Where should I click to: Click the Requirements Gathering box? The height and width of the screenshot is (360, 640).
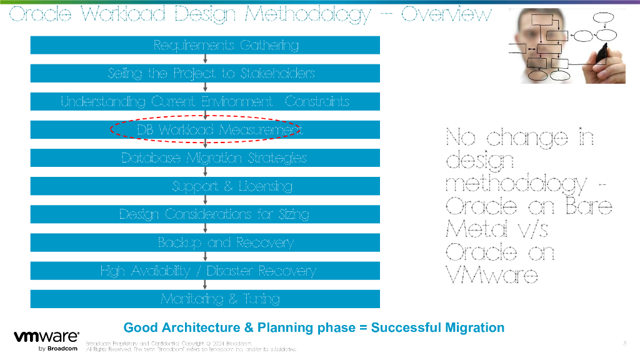[x=205, y=45]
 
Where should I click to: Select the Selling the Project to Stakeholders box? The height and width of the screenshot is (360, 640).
[x=205, y=73]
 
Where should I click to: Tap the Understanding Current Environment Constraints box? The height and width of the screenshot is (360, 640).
[x=205, y=101]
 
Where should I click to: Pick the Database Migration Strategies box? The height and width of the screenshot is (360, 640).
[x=205, y=158]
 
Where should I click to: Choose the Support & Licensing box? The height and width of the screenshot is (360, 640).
[x=205, y=186]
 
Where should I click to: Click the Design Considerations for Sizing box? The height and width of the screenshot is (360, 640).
[x=205, y=214]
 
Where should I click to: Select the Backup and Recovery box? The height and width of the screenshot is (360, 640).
[x=205, y=242]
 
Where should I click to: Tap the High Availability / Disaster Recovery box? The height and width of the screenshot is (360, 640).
[x=205, y=271]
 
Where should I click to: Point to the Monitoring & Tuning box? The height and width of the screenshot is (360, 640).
[x=205, y=299]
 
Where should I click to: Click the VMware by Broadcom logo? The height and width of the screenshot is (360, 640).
[x=46, y=341]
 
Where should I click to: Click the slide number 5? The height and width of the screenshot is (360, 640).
[x=624, y=343]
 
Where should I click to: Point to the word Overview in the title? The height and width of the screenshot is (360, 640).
[x=446, y=14]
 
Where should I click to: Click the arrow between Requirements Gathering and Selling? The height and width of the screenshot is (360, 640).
[x=205, y=59]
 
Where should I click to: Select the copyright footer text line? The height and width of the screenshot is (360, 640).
[x=169, y=343]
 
